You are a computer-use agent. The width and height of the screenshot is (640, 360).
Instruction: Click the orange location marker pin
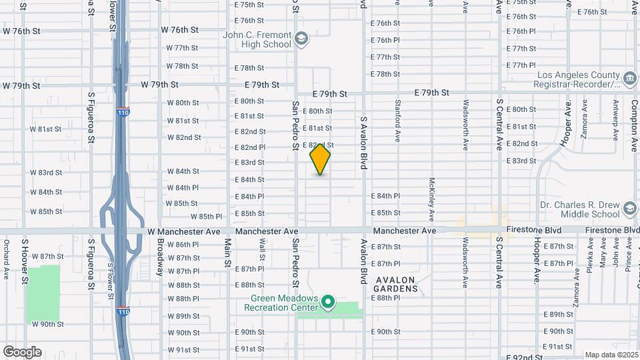pos(320,160)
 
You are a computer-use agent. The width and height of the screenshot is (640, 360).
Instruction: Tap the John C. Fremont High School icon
pos(302,38)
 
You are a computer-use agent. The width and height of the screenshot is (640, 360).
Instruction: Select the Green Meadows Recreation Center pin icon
pos(327,302)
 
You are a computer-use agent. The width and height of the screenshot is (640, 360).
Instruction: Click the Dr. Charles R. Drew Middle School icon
pos(629,209)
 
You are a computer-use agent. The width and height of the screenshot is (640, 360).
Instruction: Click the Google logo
pos(22,351)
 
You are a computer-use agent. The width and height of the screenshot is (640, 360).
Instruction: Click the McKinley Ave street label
pos(432,199)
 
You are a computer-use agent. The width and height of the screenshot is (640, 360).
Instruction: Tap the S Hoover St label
pos(24,261)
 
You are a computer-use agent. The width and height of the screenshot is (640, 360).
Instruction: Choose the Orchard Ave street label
pos(6,259)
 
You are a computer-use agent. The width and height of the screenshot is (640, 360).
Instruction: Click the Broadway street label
pos(160,257)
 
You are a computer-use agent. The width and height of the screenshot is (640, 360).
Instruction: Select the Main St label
pos(227,251)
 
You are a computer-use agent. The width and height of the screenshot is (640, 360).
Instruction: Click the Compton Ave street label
pos(635,120)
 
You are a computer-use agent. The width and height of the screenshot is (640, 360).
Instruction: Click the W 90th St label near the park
pos(47,324)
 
